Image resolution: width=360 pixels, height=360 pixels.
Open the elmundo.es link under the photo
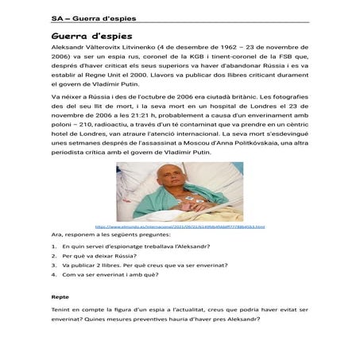pyautogui.click(x=180, y=226)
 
